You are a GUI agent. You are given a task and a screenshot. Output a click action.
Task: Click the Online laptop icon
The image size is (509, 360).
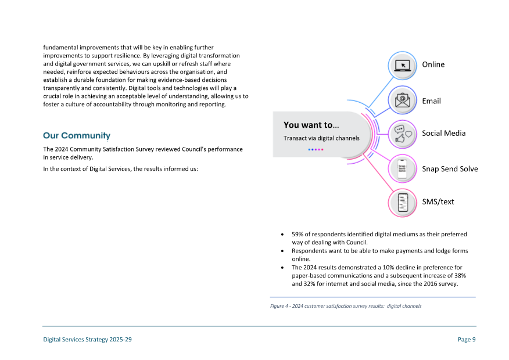(402, 66)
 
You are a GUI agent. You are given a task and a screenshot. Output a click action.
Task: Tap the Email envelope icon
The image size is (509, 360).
(402, 100)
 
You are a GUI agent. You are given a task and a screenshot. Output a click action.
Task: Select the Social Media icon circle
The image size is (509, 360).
(402, 134)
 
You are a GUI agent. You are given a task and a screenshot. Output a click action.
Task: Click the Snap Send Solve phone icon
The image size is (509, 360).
(402, 169)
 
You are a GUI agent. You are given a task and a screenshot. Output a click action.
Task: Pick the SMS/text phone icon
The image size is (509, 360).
(402, 203)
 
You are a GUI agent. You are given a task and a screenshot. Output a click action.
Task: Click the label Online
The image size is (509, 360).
(433, 64)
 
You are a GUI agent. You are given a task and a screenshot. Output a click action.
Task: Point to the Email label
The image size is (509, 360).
(431, 101)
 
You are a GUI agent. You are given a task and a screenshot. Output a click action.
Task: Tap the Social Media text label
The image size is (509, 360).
(443, 133)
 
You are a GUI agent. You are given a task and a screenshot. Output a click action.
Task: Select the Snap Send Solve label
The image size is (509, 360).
(450, 169)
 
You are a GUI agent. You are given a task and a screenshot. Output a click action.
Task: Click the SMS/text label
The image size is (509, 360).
(438, 201)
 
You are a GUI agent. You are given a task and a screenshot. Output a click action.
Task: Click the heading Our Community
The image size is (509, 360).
(77, 136)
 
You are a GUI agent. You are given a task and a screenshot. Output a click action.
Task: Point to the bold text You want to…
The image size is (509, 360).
(311, 125)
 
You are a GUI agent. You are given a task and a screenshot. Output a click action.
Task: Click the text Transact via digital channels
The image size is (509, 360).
(321, 138)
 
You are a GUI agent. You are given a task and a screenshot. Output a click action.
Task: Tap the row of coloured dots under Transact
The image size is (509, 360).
(316, 149)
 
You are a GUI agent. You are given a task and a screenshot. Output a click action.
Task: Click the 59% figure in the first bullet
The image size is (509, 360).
(297, 235)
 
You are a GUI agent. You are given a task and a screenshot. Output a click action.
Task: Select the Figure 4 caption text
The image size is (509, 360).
(345, 306)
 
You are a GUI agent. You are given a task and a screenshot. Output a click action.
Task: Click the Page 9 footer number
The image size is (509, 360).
(467, 340)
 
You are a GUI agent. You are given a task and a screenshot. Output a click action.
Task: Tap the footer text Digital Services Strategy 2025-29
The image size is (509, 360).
(87, 340)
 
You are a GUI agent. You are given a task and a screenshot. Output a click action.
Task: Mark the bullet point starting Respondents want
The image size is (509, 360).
(282, 251)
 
